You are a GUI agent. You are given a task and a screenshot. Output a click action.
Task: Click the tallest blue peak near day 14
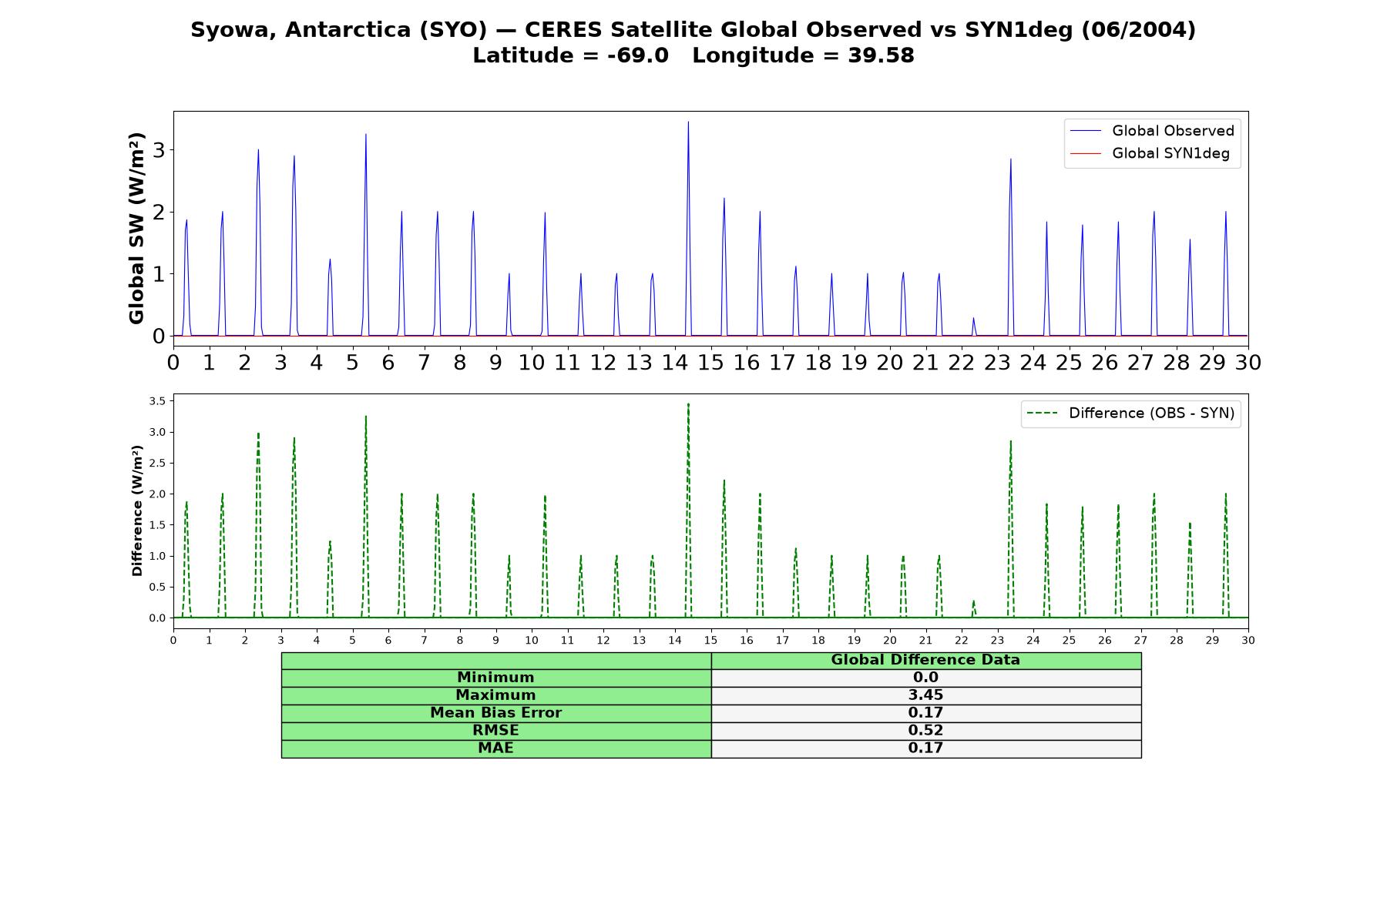point(688,122)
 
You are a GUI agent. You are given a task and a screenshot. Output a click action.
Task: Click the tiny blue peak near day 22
point(973,319)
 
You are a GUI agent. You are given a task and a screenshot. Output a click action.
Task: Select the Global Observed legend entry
point(1152,131)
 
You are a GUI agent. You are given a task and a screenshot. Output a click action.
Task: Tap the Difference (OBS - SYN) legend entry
point(1131,413)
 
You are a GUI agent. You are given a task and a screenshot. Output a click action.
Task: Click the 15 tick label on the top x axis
point(710,362)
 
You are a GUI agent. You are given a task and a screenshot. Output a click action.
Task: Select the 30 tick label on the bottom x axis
point(1248,640)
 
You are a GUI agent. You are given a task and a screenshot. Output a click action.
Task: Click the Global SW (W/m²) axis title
point(137,228)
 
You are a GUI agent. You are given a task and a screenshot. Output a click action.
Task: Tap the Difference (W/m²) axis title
point(138,511)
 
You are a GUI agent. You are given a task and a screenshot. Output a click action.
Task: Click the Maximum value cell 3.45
point(926,695)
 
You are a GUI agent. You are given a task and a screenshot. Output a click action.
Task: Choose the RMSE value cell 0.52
point(926,731)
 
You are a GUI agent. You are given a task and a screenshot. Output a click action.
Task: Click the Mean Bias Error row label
point(495,713)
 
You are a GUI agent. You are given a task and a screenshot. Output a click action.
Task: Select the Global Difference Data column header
point(925,660)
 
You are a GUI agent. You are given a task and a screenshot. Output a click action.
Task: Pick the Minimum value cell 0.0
point(926,678)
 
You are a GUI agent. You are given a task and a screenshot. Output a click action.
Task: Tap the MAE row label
point(495,748)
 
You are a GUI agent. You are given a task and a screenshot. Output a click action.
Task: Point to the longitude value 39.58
point(881,55)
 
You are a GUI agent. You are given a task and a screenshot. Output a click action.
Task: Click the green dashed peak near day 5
point(366,417)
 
